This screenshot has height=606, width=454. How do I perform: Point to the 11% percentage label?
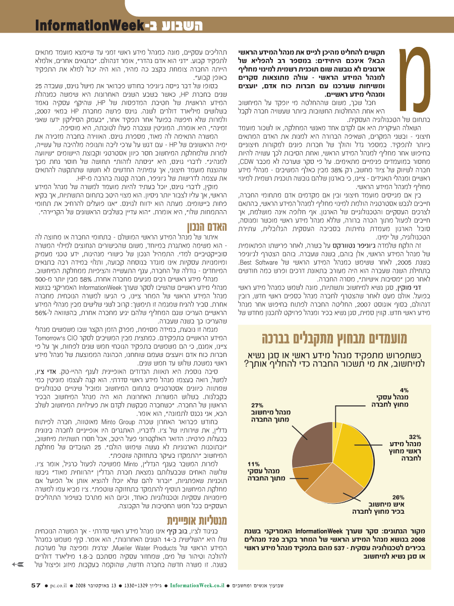point(253,462)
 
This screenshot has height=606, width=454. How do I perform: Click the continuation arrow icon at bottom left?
point(19,564)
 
